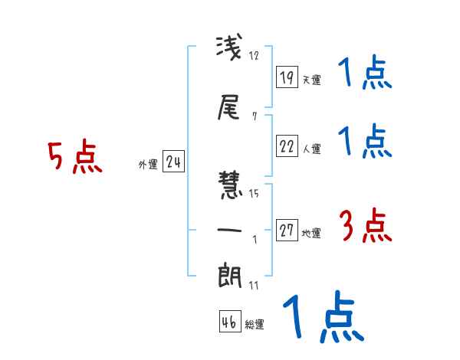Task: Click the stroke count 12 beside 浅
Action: coord(255,56)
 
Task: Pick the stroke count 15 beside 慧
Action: coord(255,194)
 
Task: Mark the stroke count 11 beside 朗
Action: coord(255,286)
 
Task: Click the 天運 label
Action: coord(311,80)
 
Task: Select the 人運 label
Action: coord(311,148)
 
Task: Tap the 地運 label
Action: coord(311,233)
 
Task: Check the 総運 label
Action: coord(255,324)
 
